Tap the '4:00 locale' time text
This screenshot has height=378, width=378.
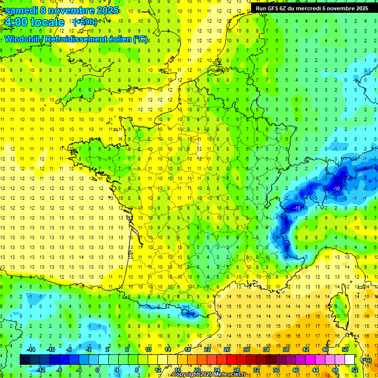click(33, 22)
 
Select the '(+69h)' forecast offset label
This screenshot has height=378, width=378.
click(85, 22)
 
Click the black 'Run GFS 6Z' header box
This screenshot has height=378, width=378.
click(312, 8)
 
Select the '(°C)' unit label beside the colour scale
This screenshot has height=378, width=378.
click(366, 360)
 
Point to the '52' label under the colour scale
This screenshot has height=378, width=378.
click(355, 370)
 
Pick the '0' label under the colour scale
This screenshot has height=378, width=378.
click(97, 370)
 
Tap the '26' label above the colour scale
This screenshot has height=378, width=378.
click(227, 349)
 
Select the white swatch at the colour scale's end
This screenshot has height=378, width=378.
click(349, 360)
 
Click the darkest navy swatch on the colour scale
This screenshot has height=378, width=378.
click(25, 360)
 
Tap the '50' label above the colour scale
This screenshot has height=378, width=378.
click(345, 349)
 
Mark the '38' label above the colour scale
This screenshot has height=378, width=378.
click(286, 349)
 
